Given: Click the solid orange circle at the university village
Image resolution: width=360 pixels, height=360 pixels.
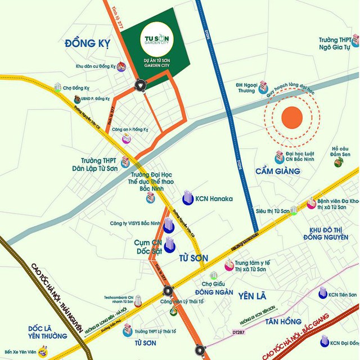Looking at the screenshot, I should click(x=292, y=117).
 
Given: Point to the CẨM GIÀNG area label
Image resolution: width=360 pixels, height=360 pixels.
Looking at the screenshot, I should click(x=277, y=170).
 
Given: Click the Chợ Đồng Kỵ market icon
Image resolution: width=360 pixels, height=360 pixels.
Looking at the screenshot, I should click(x=57, y=87).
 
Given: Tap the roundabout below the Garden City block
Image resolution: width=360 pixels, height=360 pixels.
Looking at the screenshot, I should click(x=139, y=85).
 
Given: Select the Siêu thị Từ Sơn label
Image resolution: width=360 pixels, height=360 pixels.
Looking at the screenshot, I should click(x=272, y=210).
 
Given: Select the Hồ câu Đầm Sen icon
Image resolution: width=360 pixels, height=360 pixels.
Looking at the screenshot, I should click(x=339, y=162).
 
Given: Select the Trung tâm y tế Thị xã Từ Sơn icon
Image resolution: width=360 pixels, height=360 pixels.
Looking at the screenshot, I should click(x=229, y=265).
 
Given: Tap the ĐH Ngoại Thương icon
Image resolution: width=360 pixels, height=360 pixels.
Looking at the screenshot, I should click(x=263, y=87).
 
